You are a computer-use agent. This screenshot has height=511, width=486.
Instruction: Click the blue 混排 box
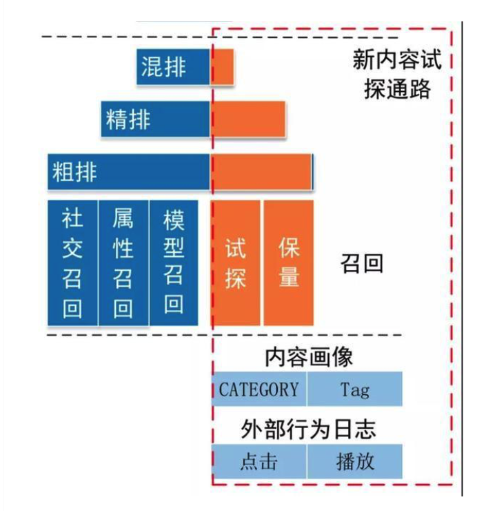(173, 68)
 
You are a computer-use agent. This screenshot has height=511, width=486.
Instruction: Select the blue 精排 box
(155, 119)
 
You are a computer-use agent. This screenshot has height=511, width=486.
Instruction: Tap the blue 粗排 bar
(128, 171)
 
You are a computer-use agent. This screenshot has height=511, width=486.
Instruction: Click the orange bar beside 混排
(223, 68)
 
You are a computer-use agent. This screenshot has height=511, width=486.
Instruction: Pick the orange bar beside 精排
(249, 119)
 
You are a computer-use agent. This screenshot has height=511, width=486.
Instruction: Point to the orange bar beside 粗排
(262, 171)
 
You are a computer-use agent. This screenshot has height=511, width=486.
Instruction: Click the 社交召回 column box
(72, 262)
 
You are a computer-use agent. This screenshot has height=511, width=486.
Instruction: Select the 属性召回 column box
(123, 262)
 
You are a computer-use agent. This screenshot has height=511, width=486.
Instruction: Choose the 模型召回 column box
(173, 262)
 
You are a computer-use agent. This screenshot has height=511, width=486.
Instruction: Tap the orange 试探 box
(236, 262)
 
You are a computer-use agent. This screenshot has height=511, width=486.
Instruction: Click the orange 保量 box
(289, 262)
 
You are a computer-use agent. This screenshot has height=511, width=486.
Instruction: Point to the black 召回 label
(361, 263)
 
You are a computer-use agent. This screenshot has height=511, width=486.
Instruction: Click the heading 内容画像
(308, 357)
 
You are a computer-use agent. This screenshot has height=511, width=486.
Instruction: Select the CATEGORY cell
(259, 389)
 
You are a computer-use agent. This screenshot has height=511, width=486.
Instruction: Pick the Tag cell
(355, 389)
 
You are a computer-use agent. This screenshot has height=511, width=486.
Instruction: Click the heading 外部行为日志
(308, 429)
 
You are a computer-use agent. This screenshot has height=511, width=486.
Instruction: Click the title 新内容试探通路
(396, 75)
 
